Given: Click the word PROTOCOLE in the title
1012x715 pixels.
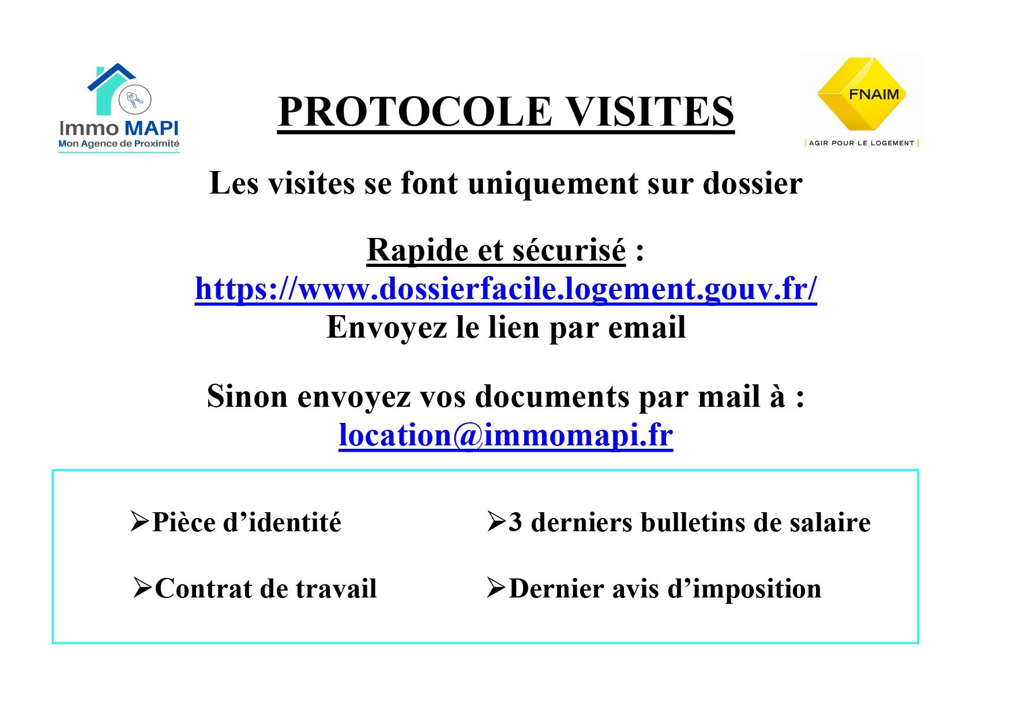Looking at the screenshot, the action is pos(415,111).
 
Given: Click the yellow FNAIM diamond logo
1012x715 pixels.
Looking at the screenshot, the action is pos(861,94).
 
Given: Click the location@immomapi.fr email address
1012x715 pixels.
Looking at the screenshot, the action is pos(506,435).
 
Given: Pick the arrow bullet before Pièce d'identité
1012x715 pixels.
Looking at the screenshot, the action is pos(140,521).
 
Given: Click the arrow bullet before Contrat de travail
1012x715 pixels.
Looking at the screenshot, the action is pos(143,588).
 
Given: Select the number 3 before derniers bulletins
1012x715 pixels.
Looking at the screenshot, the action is pos(515,523).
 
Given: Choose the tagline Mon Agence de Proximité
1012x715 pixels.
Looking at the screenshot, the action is pos(119,143).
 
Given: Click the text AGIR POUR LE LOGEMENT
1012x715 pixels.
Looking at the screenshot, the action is pos(861,143).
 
